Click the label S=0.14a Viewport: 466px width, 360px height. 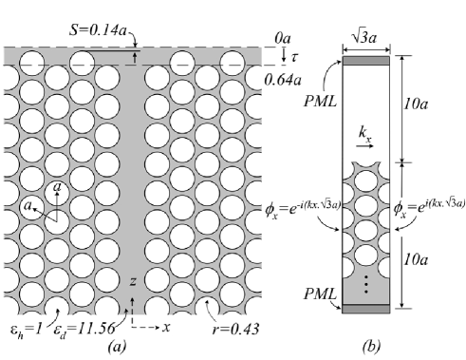pos(98,30)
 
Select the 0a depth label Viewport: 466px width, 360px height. pos(283,39)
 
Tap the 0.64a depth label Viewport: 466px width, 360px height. pos(283,81)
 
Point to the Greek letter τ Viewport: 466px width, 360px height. pos(294,57)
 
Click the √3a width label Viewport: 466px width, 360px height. pos(364,37)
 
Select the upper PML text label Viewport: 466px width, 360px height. pos(320,102)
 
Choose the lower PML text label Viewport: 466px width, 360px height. pos(320,294)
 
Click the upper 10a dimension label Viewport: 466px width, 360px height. pos(416,104)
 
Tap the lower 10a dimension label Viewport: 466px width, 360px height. pos(416,259)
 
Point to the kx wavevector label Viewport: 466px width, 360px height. pos(365,134)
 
